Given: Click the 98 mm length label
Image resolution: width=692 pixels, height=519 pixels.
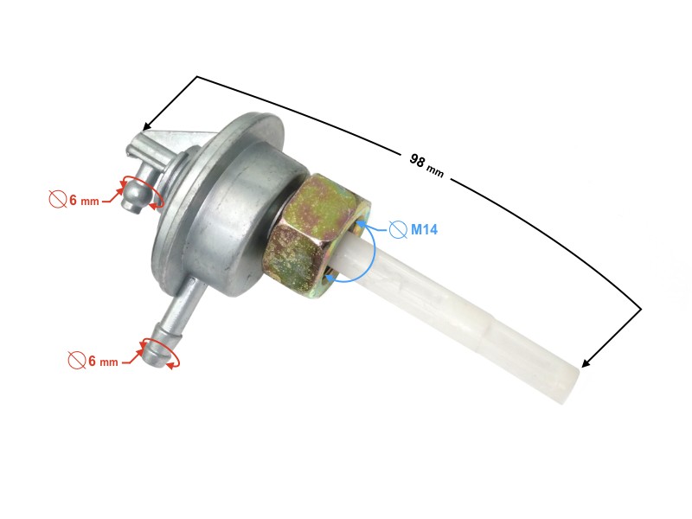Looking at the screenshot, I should (x=426, y=164).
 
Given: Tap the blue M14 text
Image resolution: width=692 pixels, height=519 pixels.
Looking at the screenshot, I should (x=425, y=229).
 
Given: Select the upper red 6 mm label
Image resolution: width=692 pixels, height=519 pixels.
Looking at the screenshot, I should (x=84, y=201).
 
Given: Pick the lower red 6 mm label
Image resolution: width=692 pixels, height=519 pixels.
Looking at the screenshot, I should (x=103, y=361).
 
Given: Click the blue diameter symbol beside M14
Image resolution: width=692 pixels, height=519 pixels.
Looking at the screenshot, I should (x=398, y=229).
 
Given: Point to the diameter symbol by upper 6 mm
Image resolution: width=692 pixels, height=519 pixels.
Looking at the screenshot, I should (x=57, y=200).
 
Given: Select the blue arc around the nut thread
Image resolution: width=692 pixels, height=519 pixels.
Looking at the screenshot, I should (x=370, y=251).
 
